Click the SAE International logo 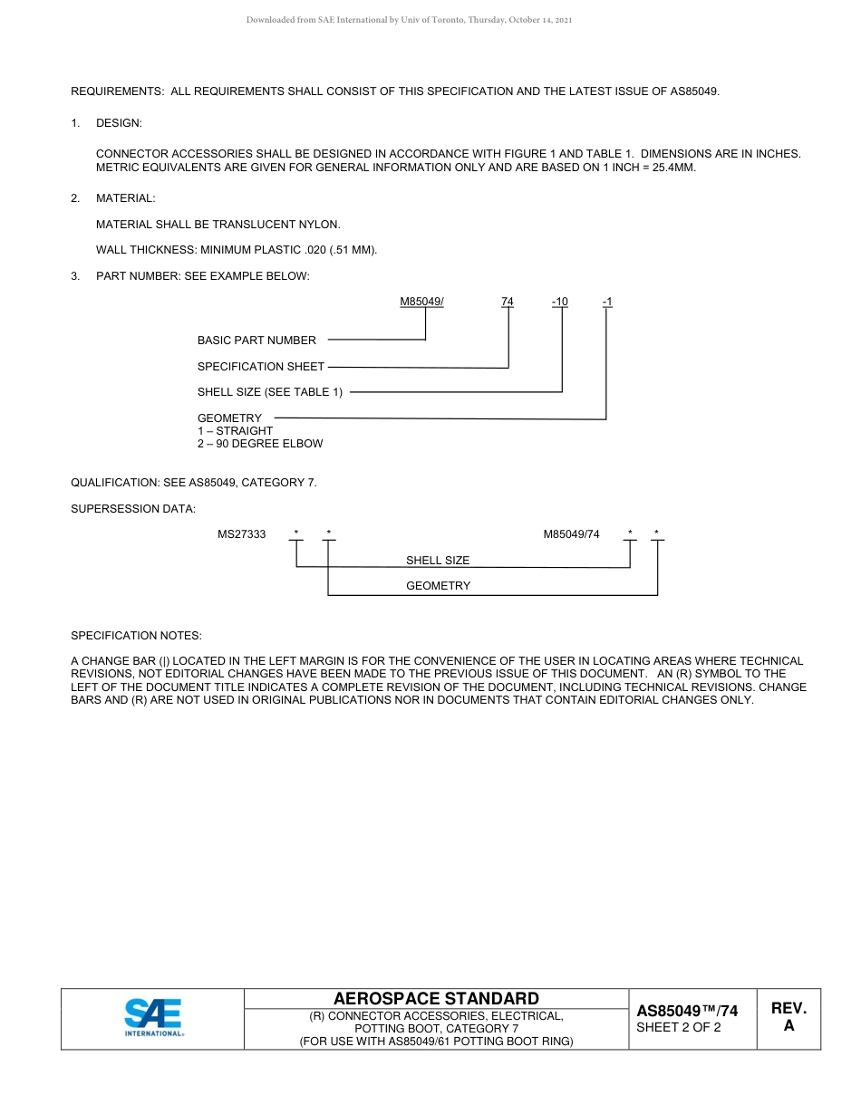coord(153,1017)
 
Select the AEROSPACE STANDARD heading coord(436,999)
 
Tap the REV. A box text coord(788,1017)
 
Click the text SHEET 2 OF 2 coord(679,1028)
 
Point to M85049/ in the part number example coord(421,302)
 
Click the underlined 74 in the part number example coord(508,302)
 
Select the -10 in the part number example coord(560,302)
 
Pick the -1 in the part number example coord(607,302)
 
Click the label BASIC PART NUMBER coord(256,341)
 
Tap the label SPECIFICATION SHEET coord(261,367)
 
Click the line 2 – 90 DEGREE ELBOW coord(260,444)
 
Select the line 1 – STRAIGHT coord(235,431)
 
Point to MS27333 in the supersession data coord(241,534)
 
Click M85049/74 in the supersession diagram coord(571,534)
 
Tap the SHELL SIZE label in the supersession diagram coord(438,561)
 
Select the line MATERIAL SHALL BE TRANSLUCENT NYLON coord(218,225)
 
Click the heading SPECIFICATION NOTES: coord(136,636)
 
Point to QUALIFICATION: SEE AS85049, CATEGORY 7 coord(194,483)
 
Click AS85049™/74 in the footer coord(687,1011)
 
